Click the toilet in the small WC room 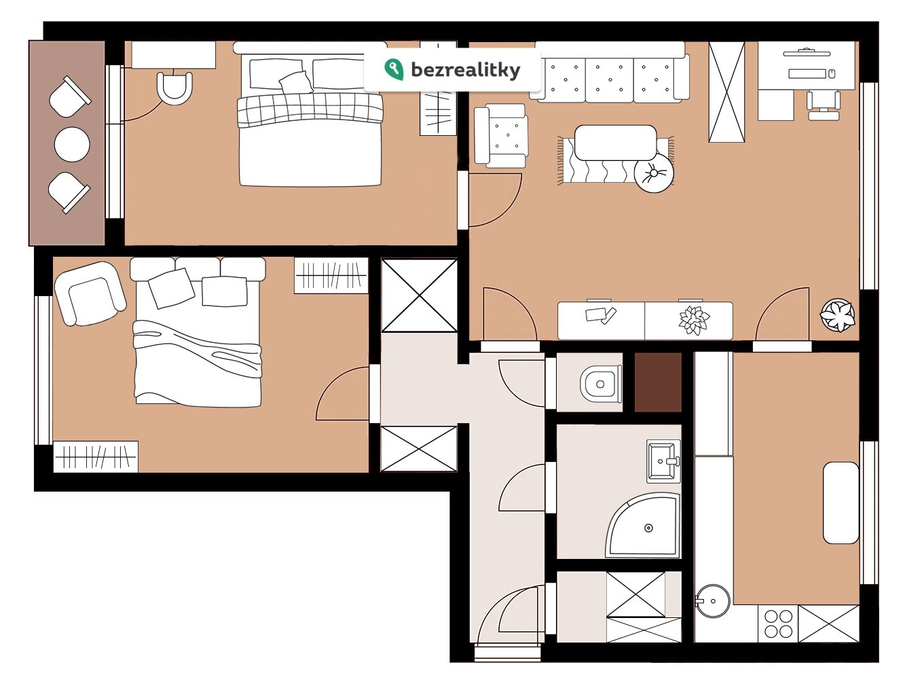[x=601, y=384]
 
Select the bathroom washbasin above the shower [x=663, y=461]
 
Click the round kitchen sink [x=713, y=601]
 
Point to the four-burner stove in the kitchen [x=778, y=624]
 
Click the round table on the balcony [x=72, y=145]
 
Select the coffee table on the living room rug [x=615, y=142]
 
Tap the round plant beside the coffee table [x=654, y=174]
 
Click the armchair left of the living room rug [x=501, y=135]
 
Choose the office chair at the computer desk [x=823, y=103]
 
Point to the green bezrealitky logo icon [x=394, y=69]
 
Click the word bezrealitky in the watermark [x=466, y=70]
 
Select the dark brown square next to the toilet [x=658, y=382]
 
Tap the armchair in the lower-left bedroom [x=90, y=293]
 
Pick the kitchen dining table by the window [x=841, y=503]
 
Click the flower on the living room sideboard [x=694, y=320]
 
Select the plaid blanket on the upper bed [x=310, y=109]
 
